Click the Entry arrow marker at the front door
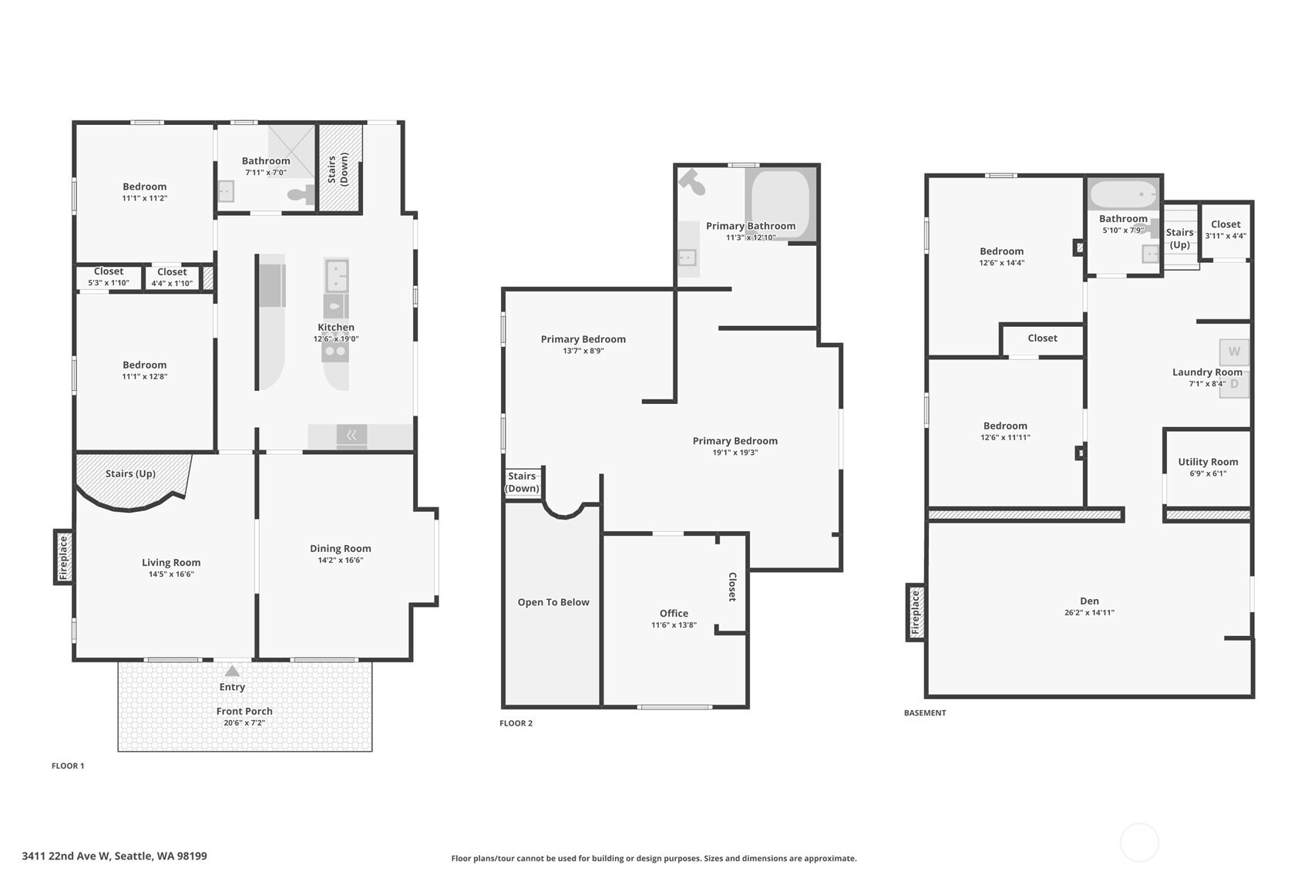point(233,671)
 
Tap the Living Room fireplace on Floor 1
point(64,557)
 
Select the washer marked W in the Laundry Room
point(1234,352)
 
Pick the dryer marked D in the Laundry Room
point(1234,384)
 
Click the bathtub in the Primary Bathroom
point(780,204)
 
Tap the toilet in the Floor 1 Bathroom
point(301,194)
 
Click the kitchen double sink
point(336,275)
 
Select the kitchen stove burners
point(336,352)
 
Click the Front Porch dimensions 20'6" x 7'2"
point(244,723)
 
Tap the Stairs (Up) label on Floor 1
point(130,473)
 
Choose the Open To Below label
point(553,602)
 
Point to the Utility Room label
point(1208,462)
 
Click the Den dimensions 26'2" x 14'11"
point(1090,613)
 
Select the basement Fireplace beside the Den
point(916,613)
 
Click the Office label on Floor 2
point(674,613)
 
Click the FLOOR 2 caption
point(516,723)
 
